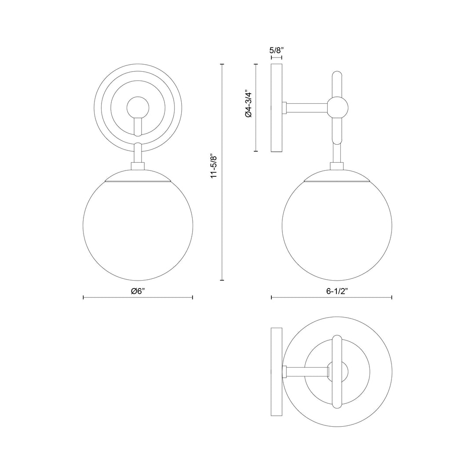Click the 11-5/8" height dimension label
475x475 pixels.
[214, 166]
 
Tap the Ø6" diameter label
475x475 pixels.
[138, 291]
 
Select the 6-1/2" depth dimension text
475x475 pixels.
[331, 291]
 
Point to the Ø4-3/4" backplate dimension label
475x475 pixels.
[248, 104]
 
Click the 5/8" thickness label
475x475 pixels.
[276, 50]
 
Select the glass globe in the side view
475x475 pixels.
[336, 231]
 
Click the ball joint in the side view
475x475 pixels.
[337, 107]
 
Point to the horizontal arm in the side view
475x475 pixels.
[307, 107]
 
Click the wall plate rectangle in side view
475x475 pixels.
[276, 108]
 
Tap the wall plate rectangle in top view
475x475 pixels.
[276, 372]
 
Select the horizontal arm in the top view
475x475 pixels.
[307, 372]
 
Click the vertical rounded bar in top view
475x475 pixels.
[337, 372]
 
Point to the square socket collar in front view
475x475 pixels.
[138, 167]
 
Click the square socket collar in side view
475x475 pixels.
[337, 167]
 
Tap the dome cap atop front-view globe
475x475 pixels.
[138, 175]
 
